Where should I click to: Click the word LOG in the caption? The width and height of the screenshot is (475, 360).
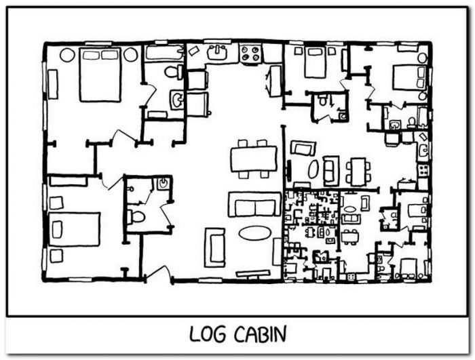pos(208,334)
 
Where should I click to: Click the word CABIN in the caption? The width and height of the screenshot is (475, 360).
pos(260,334)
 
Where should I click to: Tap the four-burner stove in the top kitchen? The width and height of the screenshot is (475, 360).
pos(250,54)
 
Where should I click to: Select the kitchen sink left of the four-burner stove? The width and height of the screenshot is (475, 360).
pos(217,53)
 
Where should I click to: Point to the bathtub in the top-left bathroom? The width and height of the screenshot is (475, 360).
pos(164,53)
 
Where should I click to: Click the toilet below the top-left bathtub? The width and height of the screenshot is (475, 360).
pos(173,72)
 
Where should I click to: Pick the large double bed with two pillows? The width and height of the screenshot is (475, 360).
pos(100,75)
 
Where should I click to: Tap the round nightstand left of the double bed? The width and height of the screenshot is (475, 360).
pos(67,55)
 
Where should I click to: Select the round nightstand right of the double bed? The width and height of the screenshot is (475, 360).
pos(130,55)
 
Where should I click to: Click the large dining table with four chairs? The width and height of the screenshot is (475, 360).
pos(254,159)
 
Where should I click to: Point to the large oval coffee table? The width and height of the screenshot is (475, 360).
pos(254,233)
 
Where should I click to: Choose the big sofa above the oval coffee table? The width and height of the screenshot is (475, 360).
pos(254,204)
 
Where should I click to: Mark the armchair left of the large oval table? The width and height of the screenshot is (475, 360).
pos(215,247)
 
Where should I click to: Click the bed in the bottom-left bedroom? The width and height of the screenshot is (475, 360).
pos(74,229)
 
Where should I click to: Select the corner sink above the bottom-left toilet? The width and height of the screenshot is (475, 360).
pos(163,184)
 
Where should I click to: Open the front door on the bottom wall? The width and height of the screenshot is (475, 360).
pos(158,272)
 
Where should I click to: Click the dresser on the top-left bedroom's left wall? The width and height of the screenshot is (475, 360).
pos(53,84)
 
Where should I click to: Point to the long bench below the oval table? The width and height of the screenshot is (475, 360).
pos(253,274)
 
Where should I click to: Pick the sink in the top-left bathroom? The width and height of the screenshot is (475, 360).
pos(176,99)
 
